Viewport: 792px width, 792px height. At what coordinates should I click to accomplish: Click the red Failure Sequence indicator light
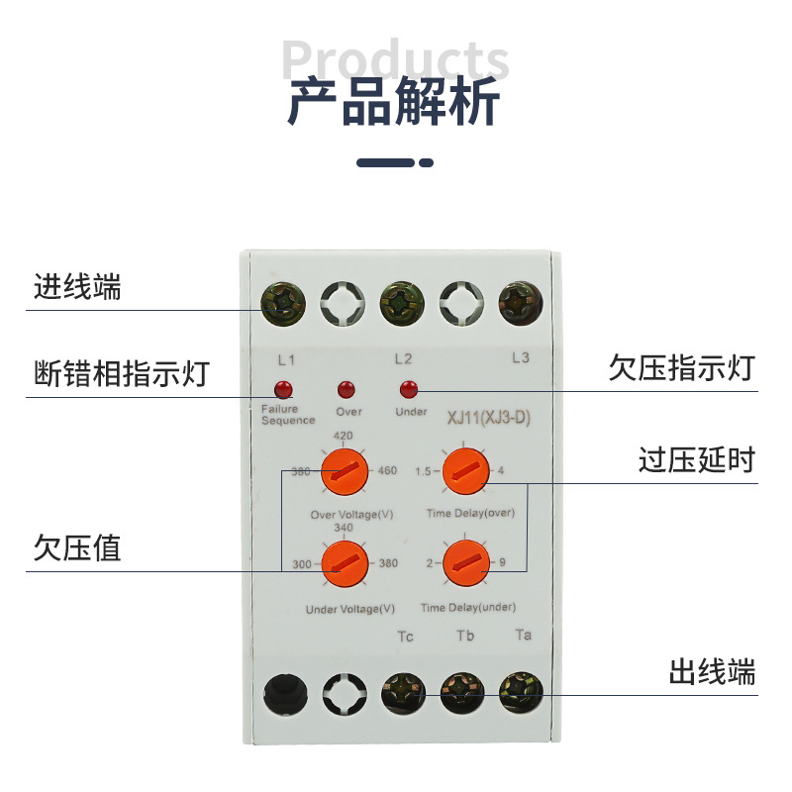[284, 388]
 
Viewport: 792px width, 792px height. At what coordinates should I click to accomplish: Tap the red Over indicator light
[346, 389]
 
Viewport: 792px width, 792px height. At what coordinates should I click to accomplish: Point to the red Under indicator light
[405, 388]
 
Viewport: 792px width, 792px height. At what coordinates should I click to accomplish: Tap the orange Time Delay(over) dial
[464, 471]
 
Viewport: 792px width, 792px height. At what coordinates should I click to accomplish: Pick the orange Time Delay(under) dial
[464, 564]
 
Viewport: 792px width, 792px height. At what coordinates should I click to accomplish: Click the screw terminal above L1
[284, 301]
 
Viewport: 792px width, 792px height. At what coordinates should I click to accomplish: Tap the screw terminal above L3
[521, 301]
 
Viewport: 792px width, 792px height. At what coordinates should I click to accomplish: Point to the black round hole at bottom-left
[284, 692]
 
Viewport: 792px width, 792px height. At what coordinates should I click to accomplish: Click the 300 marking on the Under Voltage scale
[302, 564]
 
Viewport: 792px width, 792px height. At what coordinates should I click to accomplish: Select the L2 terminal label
[403, 358]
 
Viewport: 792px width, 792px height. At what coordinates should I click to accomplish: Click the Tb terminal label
[464, 636]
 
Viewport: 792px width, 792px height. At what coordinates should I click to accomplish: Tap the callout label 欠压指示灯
[682, 369]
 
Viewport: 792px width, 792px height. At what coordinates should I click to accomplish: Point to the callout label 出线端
[712, 673]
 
